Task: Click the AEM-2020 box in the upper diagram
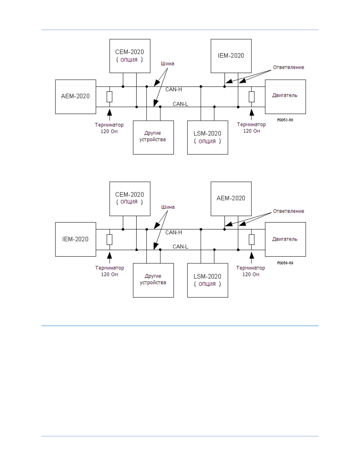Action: [x=75, y=97]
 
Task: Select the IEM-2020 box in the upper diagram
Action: [x=231, y=56]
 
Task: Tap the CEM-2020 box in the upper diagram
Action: [x=130, y=56]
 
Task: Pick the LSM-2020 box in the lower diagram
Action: [x=208, y=280]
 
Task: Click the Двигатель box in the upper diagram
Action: [x=285, y=97]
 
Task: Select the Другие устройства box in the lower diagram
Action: [x=153, y=280]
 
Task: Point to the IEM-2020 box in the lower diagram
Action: [x=75, y=239]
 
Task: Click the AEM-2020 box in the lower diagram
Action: [x=231, y=199]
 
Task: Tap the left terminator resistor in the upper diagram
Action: [x=109, y=97]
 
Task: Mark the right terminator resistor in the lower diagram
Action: [x=251, y=240]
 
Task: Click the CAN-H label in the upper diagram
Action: [x=174, y=89]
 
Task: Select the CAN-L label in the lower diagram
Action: [x=180, y=247]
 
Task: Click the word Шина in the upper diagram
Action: [x=168, y=64]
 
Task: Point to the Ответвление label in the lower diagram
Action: [x=288, y=211]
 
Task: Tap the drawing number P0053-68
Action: [x=285, y=120]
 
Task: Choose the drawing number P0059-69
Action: [x=285, y=263]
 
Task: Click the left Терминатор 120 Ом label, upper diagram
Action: [x=109, y=128]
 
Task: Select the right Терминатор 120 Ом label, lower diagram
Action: [x=251, y=271]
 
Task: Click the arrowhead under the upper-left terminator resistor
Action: [x=109, y=112]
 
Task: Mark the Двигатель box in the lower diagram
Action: [x=285, y=239]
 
